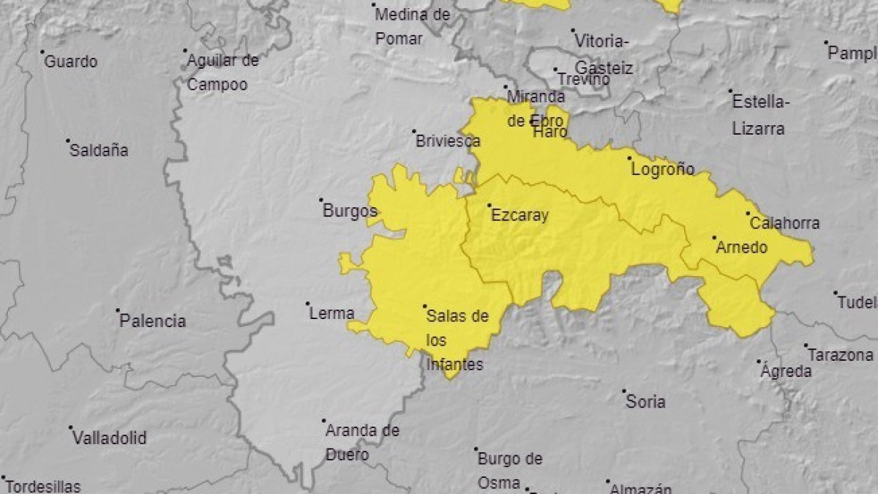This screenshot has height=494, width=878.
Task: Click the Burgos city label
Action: (x=350, y=212)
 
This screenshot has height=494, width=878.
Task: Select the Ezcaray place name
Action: (x=519, y=216)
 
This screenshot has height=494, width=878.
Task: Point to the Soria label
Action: (x=646, y=402)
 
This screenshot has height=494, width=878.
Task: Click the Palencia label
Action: (x=152, y=321)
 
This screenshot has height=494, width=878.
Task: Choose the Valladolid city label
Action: (x=109, y=438)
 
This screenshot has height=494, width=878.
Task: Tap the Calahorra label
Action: (x=785, y=224)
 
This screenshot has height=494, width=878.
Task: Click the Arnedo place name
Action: (x=741, y=247)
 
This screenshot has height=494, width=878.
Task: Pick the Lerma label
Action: (x=332, y=313)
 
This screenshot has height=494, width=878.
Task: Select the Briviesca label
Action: (x=448, y=141)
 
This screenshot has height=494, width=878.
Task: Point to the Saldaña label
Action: (x=99, y=151)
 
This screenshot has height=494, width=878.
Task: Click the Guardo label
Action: (x=71, y=62)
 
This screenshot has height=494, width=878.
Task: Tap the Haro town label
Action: (x=549, y=132)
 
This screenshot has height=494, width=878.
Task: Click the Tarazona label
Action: (x=840, y=355)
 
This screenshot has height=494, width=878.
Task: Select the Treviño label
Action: (x=583, y=79)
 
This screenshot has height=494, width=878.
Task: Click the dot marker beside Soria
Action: (x=624, y=391)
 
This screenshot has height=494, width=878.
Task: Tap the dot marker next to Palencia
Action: (x=117, y=310)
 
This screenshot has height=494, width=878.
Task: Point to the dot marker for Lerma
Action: (x=307, y=303)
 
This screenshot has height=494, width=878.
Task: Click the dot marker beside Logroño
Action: (x=629, y=157)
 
